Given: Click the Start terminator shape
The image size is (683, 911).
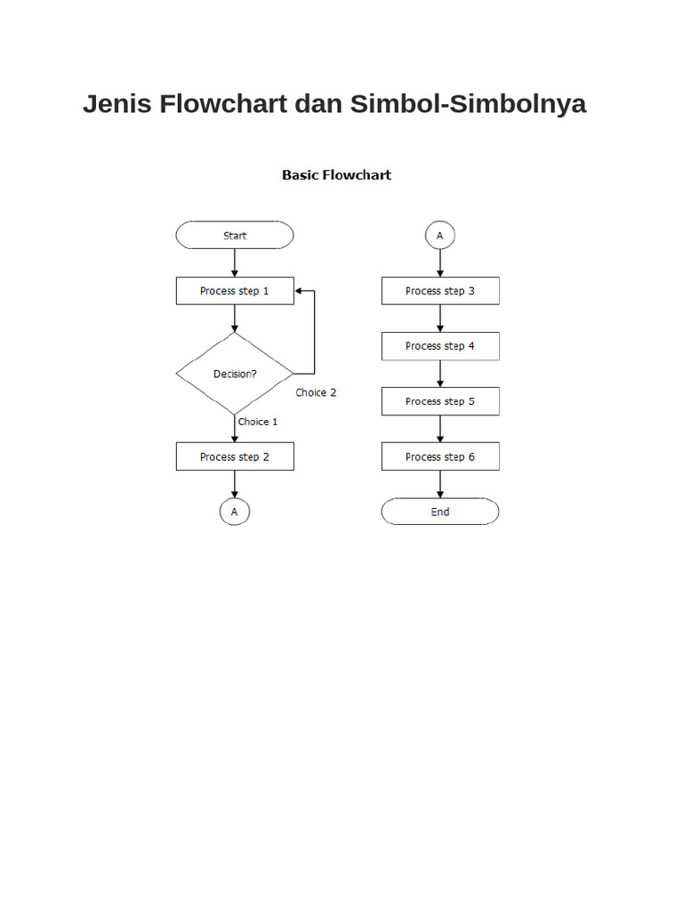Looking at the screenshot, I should [x=235, y=236].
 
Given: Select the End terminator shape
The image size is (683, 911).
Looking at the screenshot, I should [x=440, y=512].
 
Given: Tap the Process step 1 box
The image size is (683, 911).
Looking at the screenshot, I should [x=235, y=291].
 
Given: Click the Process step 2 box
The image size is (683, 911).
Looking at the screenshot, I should [x=235, y=456].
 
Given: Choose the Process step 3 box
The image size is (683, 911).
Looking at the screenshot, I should [x=440, y=291].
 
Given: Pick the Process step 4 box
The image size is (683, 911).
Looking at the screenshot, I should [x=440, y=346].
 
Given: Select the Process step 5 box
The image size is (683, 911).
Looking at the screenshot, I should [x=440, y=401].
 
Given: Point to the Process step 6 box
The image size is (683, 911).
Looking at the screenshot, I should [x=440, y=456].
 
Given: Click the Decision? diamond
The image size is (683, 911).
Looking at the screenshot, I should [x=235, y=374].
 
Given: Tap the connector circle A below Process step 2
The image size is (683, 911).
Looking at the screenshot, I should [x=235, y=512].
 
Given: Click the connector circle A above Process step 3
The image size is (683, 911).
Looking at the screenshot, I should [x=440, y=236].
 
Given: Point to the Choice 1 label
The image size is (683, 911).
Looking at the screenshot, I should [x=258, y=422].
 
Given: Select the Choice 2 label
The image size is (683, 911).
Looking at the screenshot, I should [x=316, y=392].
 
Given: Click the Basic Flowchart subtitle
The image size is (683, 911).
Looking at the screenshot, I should [x=336, y=175].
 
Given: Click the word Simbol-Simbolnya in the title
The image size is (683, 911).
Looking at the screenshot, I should [x=468, y=104].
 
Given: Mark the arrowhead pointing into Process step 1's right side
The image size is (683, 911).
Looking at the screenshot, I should [x=300, y=291].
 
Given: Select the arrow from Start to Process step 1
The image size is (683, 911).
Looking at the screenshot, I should [x=235, y=262].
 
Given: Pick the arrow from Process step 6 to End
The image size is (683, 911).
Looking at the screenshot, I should [x=440, y=484].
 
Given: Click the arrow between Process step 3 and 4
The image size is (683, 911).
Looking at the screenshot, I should [x=440, y=318].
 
